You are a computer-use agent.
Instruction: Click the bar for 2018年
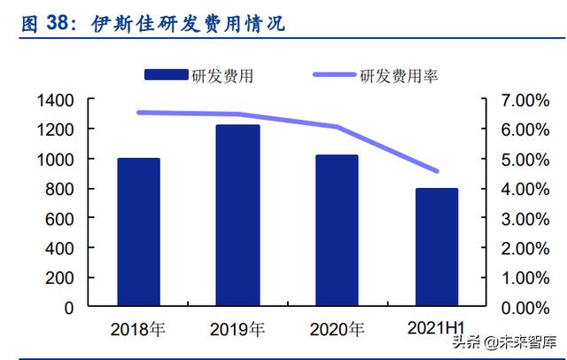click(138, 232)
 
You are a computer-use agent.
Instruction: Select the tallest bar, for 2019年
click(238, 215)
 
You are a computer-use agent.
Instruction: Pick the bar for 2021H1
click(436, 247)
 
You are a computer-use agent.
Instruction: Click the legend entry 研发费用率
click(399, 76)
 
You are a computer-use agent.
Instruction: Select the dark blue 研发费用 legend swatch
click(167, 75)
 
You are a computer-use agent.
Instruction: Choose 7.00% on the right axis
click(526, 100)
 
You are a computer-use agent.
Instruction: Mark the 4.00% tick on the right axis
click(526, 189)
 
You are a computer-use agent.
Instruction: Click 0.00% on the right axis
click(526, 308)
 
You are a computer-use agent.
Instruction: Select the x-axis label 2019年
click(237, 330)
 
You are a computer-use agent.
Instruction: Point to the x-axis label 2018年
click(138, 330)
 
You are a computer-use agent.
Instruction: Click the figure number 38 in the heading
click(58, 24)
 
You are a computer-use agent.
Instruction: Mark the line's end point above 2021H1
click(436, 171)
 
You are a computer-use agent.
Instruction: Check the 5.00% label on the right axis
click(526, 160)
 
